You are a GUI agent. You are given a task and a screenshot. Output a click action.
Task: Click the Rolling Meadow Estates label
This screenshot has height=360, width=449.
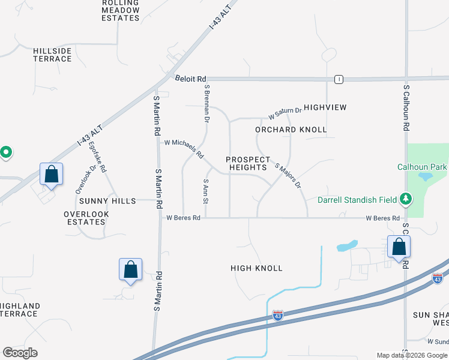(121, 10)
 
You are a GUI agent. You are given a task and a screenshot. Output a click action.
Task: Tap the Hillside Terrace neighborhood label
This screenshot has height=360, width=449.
(52, 55)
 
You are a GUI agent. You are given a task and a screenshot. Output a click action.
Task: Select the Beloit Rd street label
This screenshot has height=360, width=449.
(191, 79)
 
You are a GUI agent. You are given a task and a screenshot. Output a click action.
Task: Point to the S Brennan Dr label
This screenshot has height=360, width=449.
(206, 103)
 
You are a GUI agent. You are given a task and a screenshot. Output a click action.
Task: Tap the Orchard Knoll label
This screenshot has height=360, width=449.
(291, 130)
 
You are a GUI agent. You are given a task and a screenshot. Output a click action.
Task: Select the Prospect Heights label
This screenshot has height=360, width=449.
(246, 163)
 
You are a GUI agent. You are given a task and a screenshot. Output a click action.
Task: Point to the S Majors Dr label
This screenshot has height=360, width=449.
(288, 176)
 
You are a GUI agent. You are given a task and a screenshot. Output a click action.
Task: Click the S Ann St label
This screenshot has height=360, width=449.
(205, 190)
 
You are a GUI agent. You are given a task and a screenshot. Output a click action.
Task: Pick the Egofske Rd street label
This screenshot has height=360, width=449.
(97, 157)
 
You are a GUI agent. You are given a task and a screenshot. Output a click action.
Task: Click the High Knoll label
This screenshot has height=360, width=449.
(256, 268)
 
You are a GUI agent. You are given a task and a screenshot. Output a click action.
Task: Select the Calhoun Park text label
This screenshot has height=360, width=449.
(423, 167)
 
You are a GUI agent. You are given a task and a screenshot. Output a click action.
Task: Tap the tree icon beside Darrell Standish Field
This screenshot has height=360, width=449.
(406, 199)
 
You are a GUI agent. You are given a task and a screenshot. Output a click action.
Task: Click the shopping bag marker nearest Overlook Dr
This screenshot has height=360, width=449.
(52, 175)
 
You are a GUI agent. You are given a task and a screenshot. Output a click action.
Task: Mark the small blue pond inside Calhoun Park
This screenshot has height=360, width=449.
(426, 176)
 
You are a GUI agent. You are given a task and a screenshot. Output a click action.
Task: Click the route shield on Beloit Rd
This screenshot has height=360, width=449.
(339, 79)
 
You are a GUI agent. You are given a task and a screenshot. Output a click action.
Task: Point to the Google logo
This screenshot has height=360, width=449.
(20, 353)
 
